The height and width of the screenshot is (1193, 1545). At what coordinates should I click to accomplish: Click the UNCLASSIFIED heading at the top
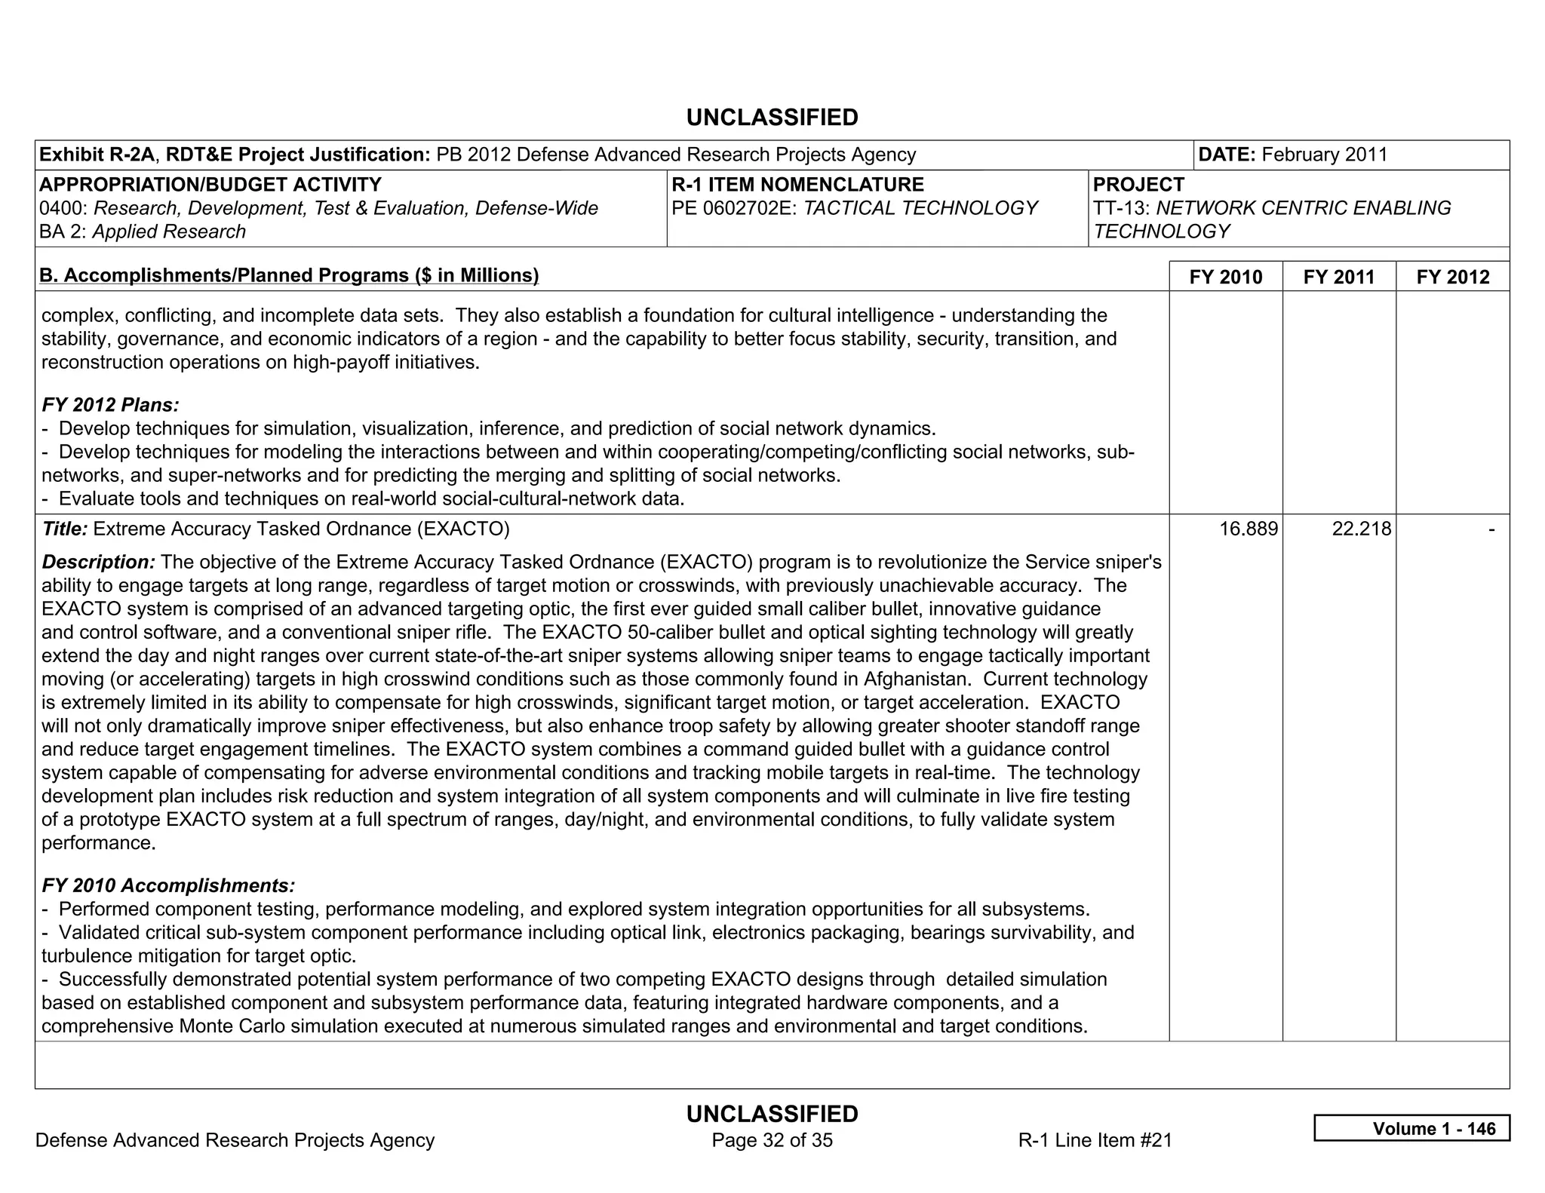[772, 118]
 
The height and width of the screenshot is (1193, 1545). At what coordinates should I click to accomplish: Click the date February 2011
[1324, 155]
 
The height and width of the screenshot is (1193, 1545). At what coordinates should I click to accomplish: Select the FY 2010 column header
[1225, 277]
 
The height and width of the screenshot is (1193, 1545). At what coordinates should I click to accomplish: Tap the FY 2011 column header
[1339, 277]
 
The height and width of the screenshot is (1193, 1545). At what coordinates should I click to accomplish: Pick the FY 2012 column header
[1453, 277]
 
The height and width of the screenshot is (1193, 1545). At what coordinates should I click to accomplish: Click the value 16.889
[1249, 529]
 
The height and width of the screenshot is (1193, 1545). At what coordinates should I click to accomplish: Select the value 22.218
[1361, 529]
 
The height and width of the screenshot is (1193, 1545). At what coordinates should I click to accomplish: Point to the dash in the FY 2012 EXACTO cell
[1491, 529]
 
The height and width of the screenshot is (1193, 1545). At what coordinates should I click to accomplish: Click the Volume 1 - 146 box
[1411, 1128]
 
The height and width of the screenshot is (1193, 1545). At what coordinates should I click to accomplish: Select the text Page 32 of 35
[772, 1140]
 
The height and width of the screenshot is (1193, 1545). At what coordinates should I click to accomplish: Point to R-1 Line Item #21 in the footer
[1095, 1140]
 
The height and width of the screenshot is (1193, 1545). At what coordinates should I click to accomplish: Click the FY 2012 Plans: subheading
[110, 405]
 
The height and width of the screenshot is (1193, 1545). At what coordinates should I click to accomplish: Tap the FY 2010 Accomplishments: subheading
[168, 885]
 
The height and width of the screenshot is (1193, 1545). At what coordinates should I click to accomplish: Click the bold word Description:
[99, 562]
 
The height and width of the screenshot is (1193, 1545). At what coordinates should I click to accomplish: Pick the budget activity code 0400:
[63, 208]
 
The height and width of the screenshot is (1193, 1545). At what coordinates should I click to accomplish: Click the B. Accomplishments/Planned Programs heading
[289, 275]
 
